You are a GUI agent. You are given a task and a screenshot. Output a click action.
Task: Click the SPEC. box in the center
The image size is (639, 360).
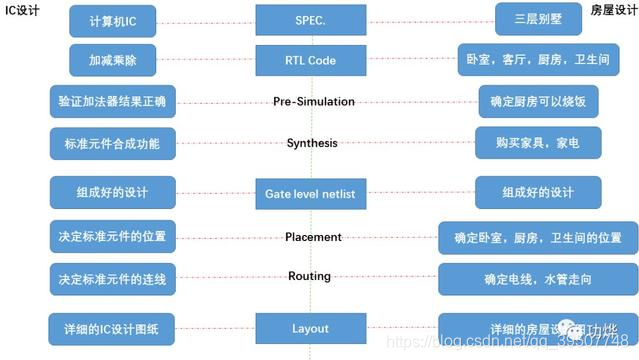313,19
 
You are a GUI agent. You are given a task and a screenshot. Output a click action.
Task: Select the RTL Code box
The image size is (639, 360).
313,60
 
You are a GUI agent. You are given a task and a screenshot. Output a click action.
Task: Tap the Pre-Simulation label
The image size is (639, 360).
313,101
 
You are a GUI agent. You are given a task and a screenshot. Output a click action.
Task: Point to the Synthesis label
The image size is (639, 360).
313,143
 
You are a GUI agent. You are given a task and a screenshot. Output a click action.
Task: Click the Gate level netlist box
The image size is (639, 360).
313,191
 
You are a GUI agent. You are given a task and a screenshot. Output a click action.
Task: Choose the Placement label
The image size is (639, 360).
313,237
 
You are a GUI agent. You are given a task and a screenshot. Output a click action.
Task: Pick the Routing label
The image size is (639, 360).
313,276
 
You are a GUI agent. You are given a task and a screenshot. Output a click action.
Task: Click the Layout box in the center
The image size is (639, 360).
313,328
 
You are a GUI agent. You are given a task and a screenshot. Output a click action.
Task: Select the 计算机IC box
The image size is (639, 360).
112,19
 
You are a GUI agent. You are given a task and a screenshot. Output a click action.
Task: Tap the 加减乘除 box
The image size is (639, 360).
112,60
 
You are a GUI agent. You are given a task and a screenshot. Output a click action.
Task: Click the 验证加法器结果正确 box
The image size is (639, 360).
112,101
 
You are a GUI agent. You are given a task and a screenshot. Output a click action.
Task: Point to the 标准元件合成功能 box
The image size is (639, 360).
112,143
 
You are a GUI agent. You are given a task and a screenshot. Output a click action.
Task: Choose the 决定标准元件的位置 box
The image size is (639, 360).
112,237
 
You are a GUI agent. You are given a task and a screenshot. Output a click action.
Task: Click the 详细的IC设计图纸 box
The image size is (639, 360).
112,328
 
